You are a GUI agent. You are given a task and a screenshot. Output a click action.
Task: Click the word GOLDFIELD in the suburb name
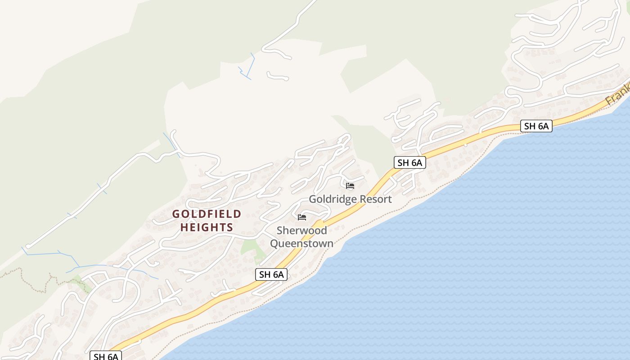point(207,214)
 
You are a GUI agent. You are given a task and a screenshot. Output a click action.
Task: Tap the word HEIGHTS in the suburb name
point(207,227)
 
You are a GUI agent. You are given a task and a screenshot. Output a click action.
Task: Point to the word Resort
point(375,199)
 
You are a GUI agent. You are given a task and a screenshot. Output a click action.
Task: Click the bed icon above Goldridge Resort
point(350,186)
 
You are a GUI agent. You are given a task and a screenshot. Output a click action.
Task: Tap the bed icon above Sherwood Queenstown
point(302,217)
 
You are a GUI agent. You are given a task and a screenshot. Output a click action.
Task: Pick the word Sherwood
point(302,231)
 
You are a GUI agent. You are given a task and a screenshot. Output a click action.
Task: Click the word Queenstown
point(302,244)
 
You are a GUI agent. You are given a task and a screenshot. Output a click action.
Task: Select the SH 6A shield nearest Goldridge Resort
point(409,162)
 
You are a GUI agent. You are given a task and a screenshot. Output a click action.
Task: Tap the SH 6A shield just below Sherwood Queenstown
point(271,274)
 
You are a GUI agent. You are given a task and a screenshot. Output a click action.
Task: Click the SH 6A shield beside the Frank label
point(536,126)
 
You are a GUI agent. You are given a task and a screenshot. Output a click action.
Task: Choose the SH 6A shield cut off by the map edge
point(106,356)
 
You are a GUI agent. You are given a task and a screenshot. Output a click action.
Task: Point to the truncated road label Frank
point(617,94)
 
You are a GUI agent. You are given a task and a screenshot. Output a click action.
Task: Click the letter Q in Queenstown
point(274,244)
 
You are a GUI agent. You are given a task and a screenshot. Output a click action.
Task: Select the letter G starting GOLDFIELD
point(176,214)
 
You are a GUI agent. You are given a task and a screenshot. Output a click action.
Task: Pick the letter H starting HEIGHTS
point(184,227)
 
